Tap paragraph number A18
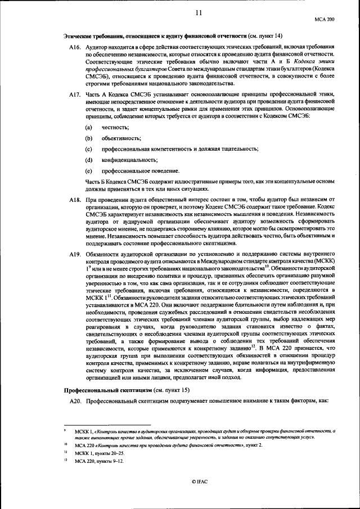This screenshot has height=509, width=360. click(x=75, y=200)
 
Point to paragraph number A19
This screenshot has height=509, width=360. click(x=75, y=255)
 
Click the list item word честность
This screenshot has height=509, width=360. click(x=115, y=127)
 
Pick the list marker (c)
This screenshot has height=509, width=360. click(x=88, y=148)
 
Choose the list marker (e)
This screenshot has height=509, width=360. click(x=88, y=170)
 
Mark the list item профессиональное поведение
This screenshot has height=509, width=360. click(x=141, y=170)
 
